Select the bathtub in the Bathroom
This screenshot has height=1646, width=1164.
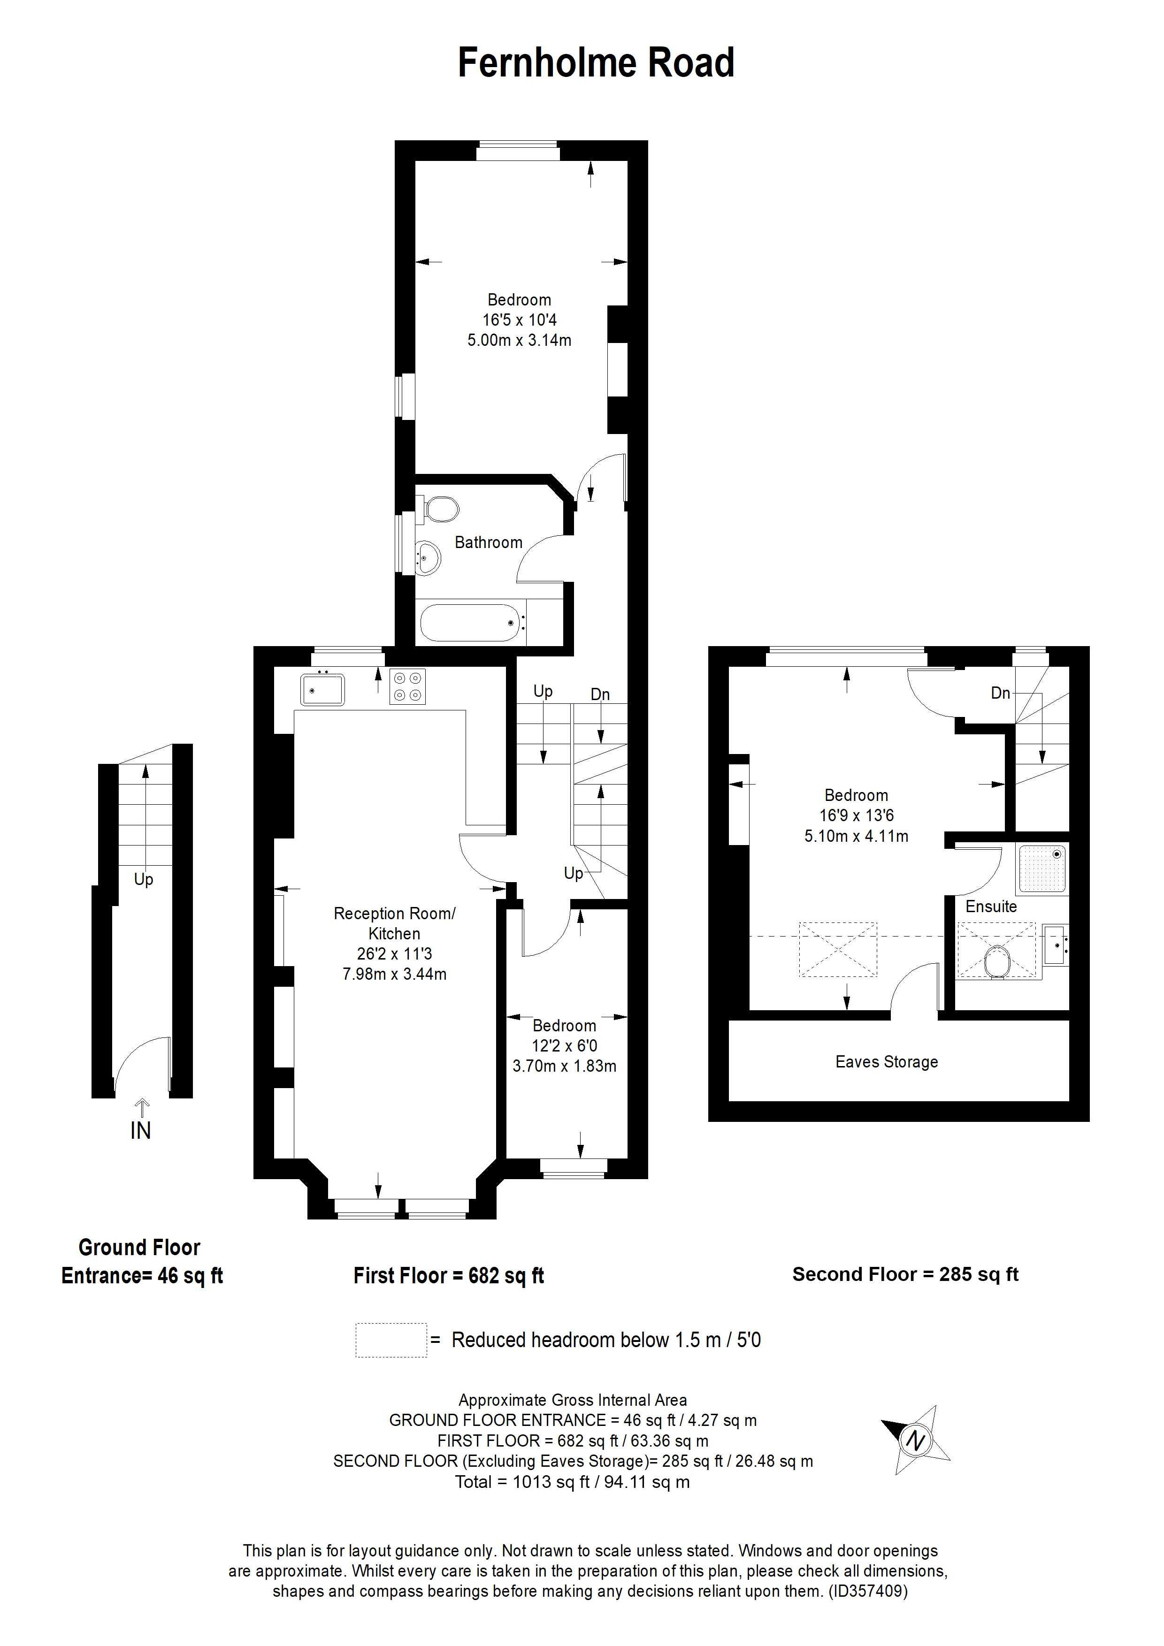(470, 622)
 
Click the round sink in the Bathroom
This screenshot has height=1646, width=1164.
(428, 556)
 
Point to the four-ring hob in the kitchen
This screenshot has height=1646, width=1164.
(407, 686)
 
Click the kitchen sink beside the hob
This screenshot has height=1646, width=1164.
(322, 690)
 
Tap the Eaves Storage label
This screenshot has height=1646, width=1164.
(887, 1062)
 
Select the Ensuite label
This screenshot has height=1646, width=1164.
(990, 906)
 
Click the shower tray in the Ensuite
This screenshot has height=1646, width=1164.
(1042, 869)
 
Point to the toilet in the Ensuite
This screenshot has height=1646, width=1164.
(997, 960)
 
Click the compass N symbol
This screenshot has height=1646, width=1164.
(915, 1440)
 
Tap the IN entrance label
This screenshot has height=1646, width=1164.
(140, 1130)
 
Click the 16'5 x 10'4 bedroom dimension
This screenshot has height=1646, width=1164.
(519, 320)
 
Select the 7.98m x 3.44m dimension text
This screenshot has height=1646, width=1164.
(394, 974)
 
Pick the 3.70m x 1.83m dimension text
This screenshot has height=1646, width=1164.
(565, 1066)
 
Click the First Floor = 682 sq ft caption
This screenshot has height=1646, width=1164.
(449, 1275)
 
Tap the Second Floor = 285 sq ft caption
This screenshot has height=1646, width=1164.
(905, 1274)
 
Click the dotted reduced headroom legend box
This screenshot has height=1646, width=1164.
(391, 1340)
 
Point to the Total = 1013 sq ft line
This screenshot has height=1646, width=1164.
(572, 1482)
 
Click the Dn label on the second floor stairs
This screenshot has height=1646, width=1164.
(1001, 693)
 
